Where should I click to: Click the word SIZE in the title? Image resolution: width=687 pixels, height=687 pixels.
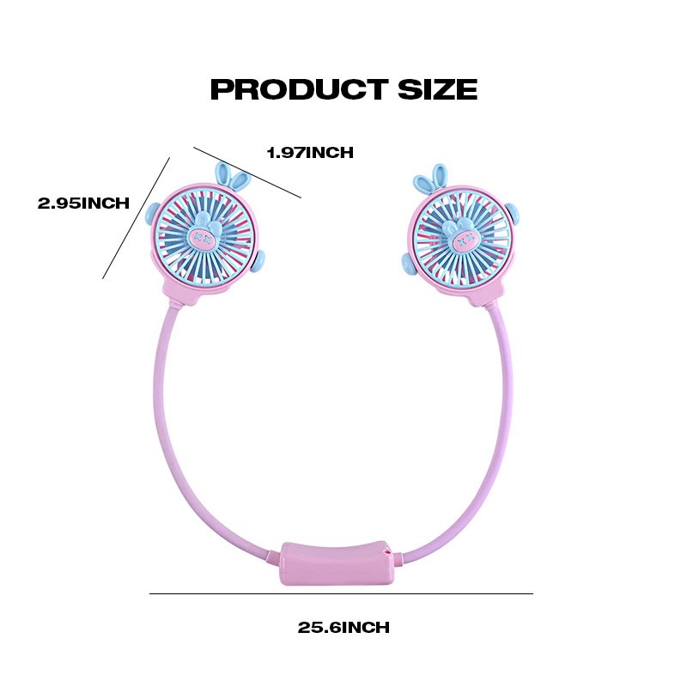[437, 89]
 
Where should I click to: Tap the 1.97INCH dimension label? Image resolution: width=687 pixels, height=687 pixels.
[310, 153]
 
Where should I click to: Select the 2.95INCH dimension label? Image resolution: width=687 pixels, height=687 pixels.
[83, 203]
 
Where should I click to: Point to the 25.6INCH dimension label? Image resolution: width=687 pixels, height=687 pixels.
[343, 627]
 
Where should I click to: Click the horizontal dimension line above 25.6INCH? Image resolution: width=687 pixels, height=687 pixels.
[341, 593]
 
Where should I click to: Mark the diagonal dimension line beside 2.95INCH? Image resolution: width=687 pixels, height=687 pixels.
[137, 218]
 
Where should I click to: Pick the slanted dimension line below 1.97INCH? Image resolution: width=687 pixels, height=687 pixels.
[247, 173]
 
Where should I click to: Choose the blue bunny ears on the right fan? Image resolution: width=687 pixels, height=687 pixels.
[431, 179]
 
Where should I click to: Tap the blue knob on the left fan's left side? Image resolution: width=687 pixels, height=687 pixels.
[152, 214]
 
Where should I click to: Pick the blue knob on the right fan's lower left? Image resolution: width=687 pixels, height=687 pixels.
[409, 264]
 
